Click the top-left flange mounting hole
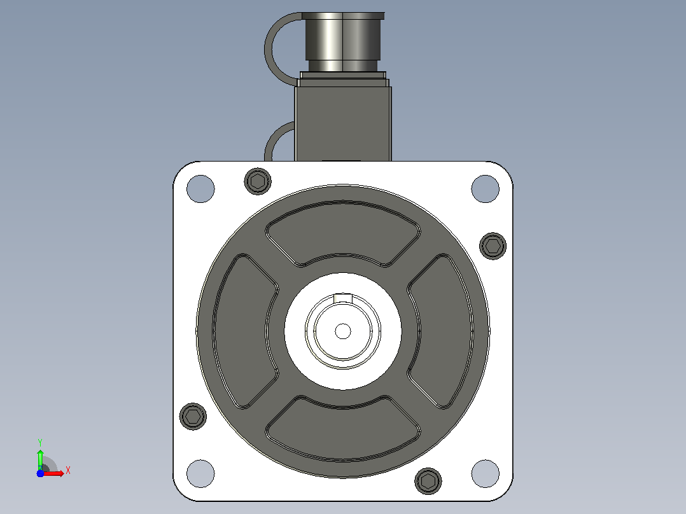point(200,188)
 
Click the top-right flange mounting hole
point(485,188)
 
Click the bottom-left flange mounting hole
point(200,473)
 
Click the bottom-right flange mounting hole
point(485,473)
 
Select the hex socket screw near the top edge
point(258,181)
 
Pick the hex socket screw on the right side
point(493,246)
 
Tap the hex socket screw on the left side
point(193,416)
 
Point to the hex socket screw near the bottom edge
point(428,481)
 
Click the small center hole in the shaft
point(343,331)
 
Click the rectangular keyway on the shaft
point(343,298)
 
